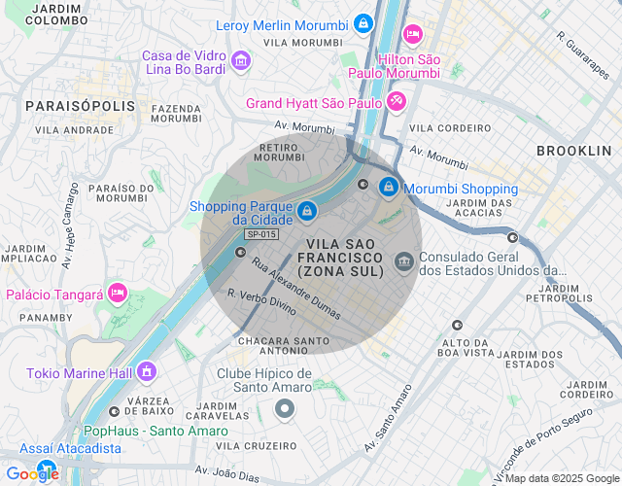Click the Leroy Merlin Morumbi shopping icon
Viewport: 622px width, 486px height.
pyautogui.click(x=363, y=22)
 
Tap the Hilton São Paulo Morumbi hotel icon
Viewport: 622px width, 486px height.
pyautogui.click(x=412, y=35)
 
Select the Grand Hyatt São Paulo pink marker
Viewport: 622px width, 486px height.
pyautogui.click(x=397, y=101)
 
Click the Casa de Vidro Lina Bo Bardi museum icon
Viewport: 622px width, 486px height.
pyautogui.click(x=240, y=63)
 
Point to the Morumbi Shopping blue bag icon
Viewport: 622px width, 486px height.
pyautogui.click(x=388, y=186)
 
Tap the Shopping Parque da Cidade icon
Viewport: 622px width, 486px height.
pyautogui.click(x=306, y=211)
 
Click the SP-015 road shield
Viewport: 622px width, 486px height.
pyautogui.click(x=261, y=234)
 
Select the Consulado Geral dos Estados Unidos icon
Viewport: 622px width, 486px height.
pyautogui.click(x=403, y=261)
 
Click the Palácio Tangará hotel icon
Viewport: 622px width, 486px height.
pyautogui.click(x=118, y=293)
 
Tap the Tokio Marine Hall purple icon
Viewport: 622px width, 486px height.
pyautogui.click(x=146, y=370)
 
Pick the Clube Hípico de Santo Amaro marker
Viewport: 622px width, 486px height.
pyautogui.click(x=284, y=409)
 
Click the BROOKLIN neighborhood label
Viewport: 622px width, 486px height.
pyautogui.click(x=573, y=151)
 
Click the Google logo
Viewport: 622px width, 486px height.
pyautogui.click(x=32, y=473)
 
